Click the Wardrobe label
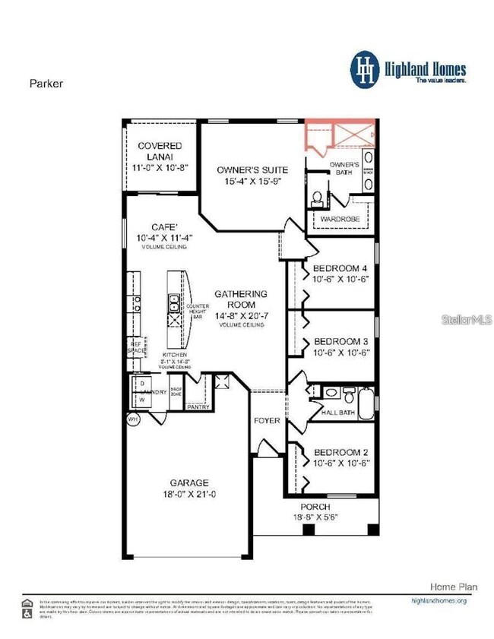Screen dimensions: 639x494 coord(339,219)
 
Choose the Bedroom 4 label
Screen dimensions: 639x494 coord(341,267)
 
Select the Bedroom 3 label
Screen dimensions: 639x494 coord(341,340)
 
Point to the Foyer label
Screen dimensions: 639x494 coord(267,420)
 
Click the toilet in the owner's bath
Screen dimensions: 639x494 coord(317,198)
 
